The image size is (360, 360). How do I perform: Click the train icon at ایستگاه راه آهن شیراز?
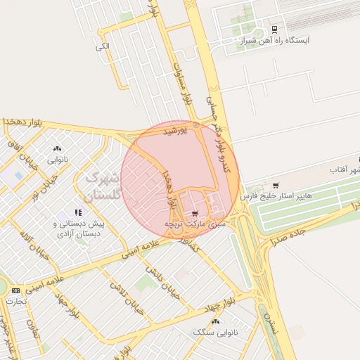pos(274,30)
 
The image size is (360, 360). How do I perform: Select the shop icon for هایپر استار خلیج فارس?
pos(275,186)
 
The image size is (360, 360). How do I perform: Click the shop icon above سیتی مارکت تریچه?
pos(195,213)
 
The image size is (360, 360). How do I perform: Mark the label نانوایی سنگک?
pos(215,331)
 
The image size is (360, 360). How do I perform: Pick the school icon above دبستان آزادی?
pos(79,212)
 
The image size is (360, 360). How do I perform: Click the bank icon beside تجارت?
pos(15,290)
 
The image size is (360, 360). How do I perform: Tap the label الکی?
pos(103,46)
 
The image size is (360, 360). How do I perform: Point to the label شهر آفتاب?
pos(345,171)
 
